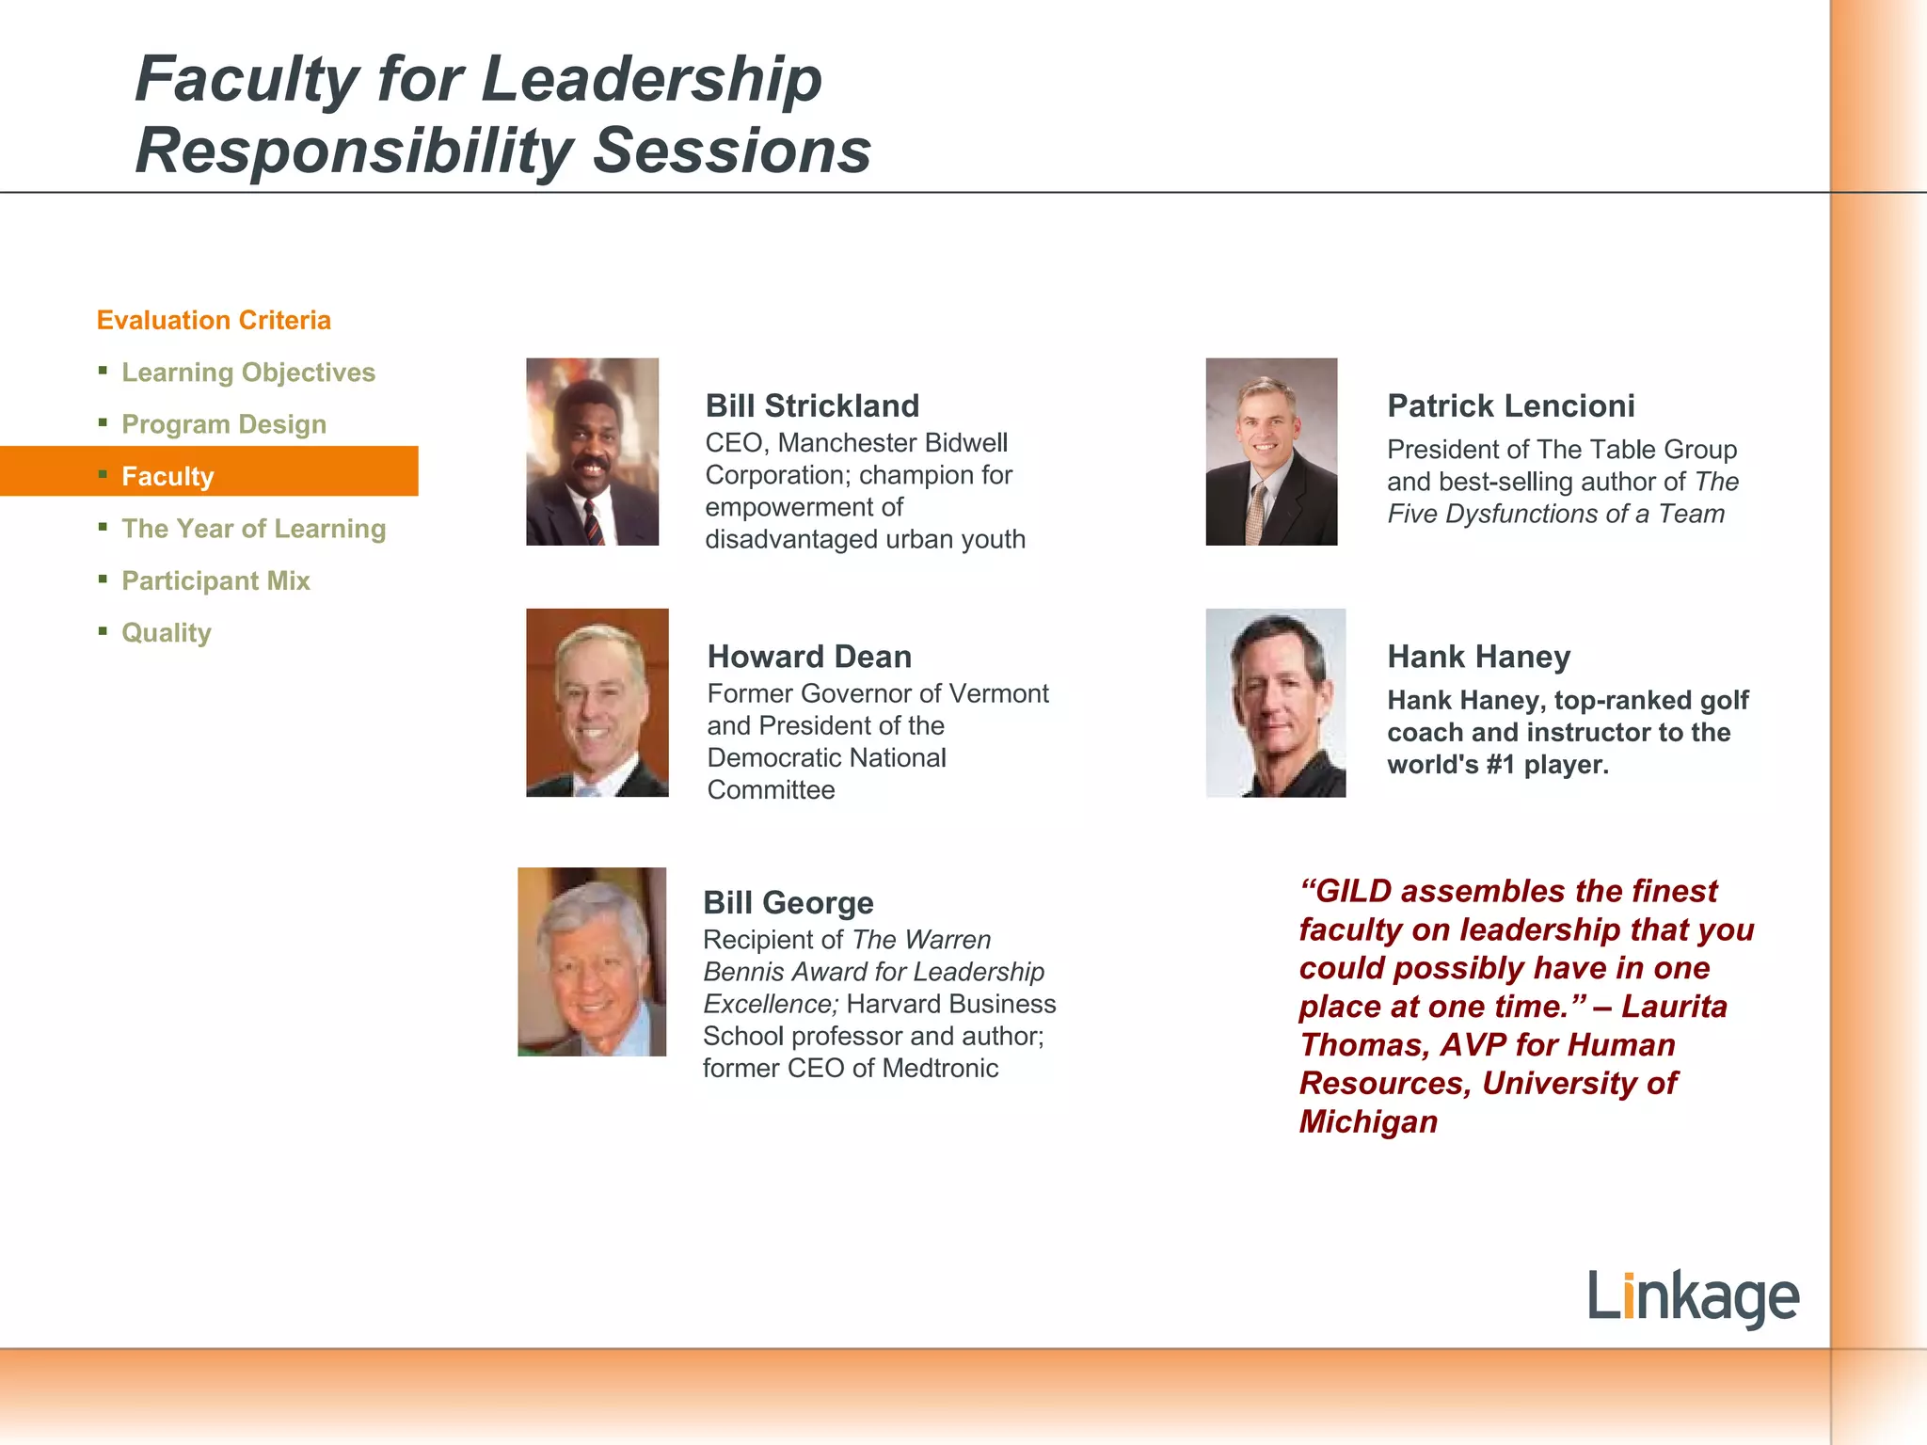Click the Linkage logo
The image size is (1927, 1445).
click(1693, 1297)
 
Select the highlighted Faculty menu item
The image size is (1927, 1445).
click(167, 476)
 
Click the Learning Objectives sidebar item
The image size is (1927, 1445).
click(248, 373)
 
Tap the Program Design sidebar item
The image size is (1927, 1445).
click(224, 424)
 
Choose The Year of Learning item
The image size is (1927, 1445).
click(254, 529)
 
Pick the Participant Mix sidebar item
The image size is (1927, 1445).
click(215, 580)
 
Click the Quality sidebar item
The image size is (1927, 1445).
click(167, 632)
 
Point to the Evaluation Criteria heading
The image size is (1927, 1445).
click(214, 320)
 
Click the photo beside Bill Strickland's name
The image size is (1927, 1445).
click(592, 452)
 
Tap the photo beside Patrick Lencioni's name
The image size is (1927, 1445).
click(1271, 452)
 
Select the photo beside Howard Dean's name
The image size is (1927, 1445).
click(597, 703)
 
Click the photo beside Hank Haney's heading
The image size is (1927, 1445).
click(1275, 703)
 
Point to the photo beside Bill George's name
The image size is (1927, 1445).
click(592, 961)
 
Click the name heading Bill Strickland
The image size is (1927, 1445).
click(812, 405)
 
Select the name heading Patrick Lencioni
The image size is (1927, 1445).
click(1510, 405)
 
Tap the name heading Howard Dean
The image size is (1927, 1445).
click(809, 656)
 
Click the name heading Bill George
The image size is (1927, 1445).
click(788, 902)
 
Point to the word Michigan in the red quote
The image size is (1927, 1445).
click(1368, 1121)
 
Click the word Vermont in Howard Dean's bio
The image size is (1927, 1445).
click(998, 693)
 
